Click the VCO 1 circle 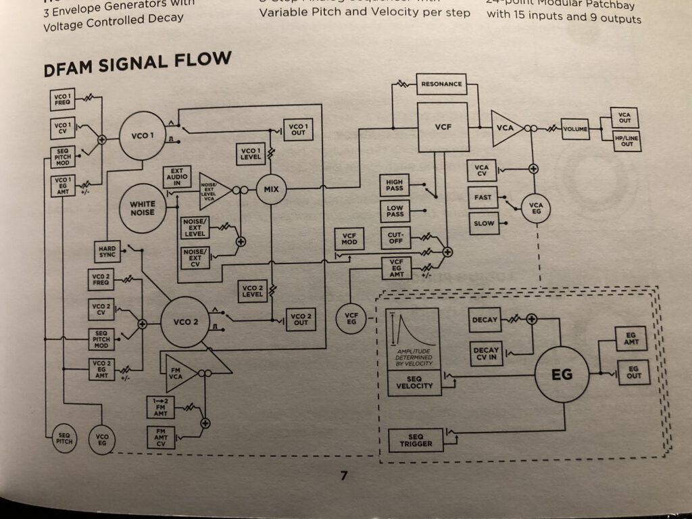(142, 137)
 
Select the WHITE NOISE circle (142, 208)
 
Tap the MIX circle (271, 189)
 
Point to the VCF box (443, 127)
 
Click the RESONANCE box (441, 84)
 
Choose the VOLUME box (575, 128)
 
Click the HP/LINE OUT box (627, 141)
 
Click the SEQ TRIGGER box (416, 441)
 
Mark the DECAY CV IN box (487, 354)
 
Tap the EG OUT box (633, 372)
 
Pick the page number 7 (343, 476)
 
